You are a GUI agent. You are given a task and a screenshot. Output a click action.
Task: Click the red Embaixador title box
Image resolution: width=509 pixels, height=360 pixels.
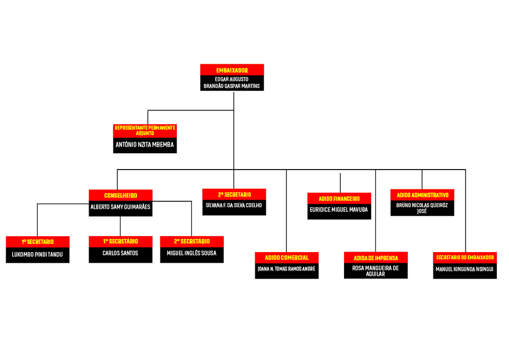tap(232, 70)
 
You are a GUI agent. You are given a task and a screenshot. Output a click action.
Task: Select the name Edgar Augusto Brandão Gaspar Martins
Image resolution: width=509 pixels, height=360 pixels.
tap(232, 83)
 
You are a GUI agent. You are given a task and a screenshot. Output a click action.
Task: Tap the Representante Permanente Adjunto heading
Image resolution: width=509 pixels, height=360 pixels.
tap(145, 130)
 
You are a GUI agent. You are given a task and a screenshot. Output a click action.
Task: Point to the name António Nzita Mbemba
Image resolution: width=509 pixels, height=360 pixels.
tap(145, 145)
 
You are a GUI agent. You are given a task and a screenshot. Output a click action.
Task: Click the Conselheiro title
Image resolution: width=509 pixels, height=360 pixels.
tap(120, 195)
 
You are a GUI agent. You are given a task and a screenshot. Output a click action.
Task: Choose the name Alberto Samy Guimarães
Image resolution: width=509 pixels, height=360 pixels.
tap(120, 207)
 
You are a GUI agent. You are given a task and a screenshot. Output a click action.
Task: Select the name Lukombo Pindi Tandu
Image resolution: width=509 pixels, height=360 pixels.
tap(37, 254)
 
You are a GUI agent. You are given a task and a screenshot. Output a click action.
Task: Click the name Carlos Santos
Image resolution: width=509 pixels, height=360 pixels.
tap(120, 253)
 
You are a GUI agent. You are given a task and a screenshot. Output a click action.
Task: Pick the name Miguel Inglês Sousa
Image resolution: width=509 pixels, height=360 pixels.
tap(191, 253)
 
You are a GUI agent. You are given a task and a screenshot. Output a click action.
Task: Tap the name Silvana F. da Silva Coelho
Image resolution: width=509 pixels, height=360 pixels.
tap(234, 206)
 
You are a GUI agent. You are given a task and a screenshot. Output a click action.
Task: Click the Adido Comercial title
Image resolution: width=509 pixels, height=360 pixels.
tap(287, 258)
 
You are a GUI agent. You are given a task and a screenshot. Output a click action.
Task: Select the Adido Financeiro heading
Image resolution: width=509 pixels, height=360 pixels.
tap(340, 199)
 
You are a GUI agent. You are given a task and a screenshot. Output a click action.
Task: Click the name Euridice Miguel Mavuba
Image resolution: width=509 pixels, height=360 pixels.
tap(340, 210)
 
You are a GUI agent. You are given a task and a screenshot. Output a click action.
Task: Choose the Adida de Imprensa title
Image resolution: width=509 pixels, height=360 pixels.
tap(376, 258)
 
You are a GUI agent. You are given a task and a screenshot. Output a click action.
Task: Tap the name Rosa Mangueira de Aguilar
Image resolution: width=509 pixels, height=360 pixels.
tap(376, 270)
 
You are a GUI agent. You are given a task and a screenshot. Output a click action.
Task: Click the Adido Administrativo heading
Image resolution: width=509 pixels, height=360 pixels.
tap(422, 195)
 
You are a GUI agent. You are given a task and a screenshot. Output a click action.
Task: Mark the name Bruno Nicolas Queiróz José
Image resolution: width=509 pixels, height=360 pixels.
tap(422, 208)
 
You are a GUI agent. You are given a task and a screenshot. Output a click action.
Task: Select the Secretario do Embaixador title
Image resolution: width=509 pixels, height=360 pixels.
tap(465, 258)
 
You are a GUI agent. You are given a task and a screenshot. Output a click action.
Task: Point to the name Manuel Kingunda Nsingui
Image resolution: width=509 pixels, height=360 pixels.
tap(465, 269)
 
